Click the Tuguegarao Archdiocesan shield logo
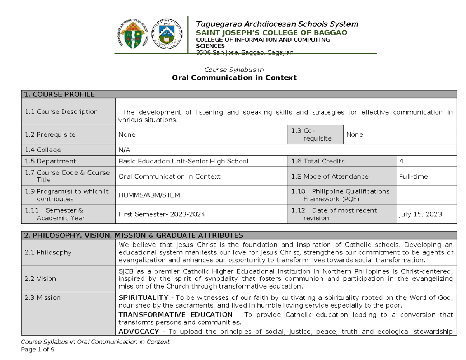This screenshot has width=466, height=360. point(134,35)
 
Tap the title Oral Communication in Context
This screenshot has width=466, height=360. point(234,78)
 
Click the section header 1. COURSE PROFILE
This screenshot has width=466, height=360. point(59,94)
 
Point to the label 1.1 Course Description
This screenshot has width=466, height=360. point(61,112)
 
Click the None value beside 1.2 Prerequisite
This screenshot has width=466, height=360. point(127,135)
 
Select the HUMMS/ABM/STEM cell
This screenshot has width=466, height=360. point(149,195)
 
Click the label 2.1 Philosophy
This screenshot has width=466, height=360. point(48,252)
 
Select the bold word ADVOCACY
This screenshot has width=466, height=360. point(138,331)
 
